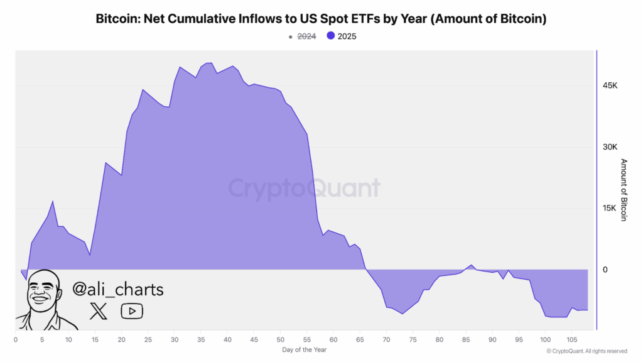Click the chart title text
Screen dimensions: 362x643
[321, 19]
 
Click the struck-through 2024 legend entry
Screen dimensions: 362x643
[306, 36]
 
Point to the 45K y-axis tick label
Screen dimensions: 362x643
[610, 85]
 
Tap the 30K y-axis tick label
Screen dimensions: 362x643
[610, 147]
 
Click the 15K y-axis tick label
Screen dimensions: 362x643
[610, 209]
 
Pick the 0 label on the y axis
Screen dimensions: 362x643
[605, 270]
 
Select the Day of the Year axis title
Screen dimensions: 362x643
[303, 349]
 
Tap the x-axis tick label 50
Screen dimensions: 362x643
[280, 340]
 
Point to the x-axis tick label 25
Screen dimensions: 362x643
[148, 340]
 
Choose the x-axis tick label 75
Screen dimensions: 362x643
[413, 340]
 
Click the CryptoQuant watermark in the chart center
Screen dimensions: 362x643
[304, 189]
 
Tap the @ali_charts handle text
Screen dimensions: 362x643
[118, 289]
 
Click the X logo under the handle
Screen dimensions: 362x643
[99, 310]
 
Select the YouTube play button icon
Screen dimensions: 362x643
[132, 310]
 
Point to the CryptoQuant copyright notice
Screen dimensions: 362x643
[586, 351]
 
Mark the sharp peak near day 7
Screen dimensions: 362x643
[53, 201]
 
